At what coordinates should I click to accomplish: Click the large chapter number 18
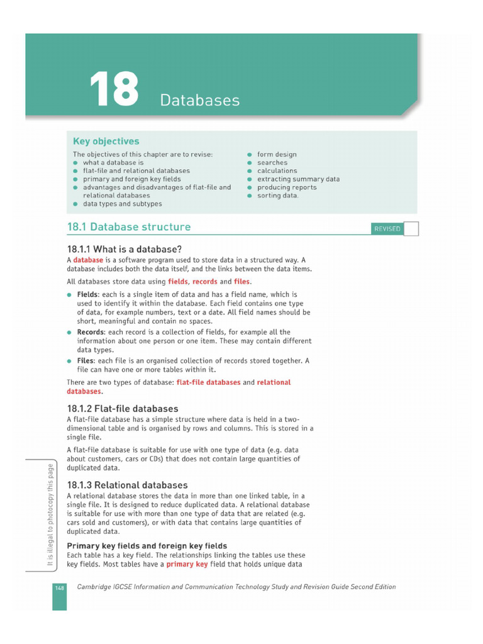(114, 89)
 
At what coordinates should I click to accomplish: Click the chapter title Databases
(199, 100)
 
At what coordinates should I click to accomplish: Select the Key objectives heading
(106, 142)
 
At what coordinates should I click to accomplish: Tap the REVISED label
(387, 229)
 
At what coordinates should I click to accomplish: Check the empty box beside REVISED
(411, 228)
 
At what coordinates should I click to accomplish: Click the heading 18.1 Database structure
(129, 227)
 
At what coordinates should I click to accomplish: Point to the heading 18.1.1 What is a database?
(125, 248)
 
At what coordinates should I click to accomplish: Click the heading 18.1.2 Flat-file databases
(123, 409)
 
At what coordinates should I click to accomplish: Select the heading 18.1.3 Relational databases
(127, 485)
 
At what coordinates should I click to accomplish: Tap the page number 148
(59, 587)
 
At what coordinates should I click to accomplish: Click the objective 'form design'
(277, 154)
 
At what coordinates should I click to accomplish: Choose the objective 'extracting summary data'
(298, 179)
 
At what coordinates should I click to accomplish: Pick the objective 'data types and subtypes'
(122, 204)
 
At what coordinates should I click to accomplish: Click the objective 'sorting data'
(277, 196)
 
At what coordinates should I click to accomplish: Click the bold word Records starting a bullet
(91, 332)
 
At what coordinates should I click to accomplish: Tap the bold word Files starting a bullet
(86, 361)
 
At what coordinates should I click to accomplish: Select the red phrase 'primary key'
(187, 564)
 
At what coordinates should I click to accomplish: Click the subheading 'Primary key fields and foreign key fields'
(147, 545)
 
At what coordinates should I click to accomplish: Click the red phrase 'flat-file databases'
(209, 382)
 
